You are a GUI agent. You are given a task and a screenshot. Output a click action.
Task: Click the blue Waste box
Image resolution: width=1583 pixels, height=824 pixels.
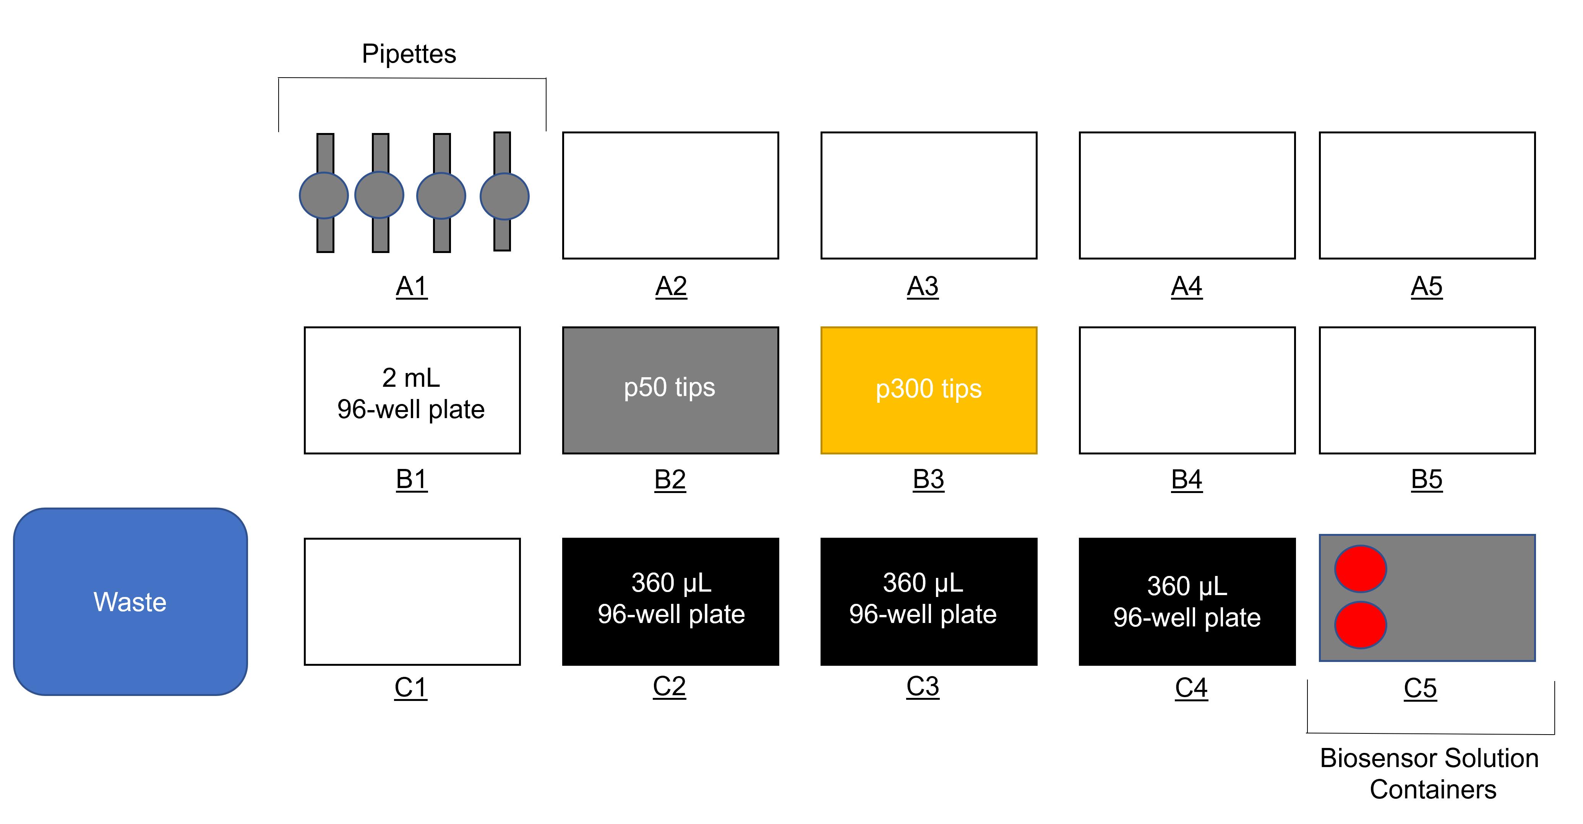(x=130, y=602)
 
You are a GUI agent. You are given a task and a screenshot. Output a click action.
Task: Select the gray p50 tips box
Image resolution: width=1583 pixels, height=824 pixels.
(x=670, y=390)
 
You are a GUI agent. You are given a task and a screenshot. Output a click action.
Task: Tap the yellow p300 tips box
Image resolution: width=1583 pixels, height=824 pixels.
(x=929, y=390)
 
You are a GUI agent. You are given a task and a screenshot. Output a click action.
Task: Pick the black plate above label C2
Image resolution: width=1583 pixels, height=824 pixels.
(x=670, y=602)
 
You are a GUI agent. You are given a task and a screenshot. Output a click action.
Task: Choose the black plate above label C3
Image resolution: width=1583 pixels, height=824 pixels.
(x=929, y=602)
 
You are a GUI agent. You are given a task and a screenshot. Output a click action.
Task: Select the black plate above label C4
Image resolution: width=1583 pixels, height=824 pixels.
(x=1187, y=602)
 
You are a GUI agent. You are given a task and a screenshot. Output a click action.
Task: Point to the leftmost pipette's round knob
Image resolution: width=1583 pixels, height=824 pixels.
(x=324, y=195)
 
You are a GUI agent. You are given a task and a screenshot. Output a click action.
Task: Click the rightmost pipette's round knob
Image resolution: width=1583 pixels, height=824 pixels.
(x=504, y=196)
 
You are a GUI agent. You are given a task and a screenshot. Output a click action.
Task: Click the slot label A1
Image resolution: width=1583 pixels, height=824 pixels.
(x=412, y=286)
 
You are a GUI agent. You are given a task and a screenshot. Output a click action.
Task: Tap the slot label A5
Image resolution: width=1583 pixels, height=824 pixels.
(x=1427, y=286)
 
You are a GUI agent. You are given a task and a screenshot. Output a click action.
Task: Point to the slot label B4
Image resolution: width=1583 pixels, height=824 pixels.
(x=1187, y=479)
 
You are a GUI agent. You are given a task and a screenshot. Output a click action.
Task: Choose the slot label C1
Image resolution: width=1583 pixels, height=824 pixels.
(x=410, y=688)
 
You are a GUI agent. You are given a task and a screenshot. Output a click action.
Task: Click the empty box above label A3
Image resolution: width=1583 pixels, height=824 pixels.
(x=929, y=195)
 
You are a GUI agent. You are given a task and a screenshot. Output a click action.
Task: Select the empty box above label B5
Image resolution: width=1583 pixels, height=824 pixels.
(x=1427, y=390)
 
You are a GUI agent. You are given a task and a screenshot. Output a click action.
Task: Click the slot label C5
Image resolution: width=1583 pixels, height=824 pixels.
(x=1420, y=688)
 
